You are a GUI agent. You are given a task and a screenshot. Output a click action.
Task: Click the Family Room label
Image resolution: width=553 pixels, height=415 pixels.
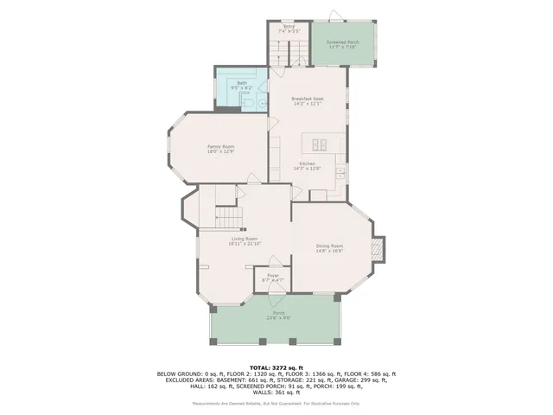point(220,146)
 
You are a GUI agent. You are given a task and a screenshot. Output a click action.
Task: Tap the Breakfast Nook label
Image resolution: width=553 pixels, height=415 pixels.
point(308,99)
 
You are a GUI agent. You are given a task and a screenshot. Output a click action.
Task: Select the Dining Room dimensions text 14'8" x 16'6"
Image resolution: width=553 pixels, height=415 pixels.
point(330,252)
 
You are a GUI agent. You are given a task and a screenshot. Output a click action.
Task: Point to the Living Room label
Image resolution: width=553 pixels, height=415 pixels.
point(245,239)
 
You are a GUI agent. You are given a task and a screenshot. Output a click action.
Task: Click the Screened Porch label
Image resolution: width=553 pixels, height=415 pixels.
point(343,42)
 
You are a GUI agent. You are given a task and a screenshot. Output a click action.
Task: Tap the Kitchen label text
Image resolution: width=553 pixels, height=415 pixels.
point(308,163)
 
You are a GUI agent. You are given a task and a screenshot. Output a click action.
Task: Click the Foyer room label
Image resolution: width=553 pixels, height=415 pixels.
point(272,276)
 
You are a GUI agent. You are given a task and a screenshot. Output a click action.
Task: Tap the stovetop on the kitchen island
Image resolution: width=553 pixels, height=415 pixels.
point(318,143)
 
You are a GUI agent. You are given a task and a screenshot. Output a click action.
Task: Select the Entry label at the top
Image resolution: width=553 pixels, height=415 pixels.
point(289,27)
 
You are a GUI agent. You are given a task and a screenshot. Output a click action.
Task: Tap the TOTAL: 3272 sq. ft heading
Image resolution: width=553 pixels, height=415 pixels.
point(276,367)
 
